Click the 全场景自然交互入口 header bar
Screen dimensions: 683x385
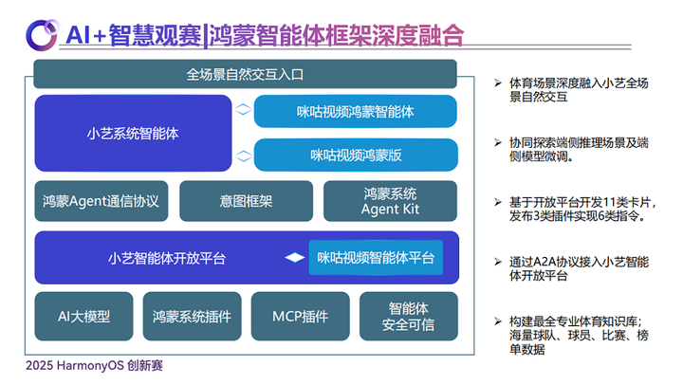click(x=246, y=74)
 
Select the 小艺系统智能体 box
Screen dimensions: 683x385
click(x=133, y=134)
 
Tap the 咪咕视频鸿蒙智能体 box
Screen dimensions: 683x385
click(x=356, y=112)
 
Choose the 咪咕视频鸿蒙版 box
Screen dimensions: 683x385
click(x=356, y=156)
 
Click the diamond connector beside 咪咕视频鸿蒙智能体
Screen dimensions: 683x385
click(x=243, y=109)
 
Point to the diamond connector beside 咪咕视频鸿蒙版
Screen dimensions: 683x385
click(x=243, y=156)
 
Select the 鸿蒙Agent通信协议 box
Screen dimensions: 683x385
click(x=102, y=201)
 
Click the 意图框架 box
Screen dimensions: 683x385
click(x=246, y=201)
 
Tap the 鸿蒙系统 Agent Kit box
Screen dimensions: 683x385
click(x=390, y=201)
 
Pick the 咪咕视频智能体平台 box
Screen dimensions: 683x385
click(x=376, y=257)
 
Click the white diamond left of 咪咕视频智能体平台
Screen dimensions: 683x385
click(x=295, y=257)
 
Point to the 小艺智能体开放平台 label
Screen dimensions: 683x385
click(x=167, y=258)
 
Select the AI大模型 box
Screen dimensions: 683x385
click(x=83, y=316)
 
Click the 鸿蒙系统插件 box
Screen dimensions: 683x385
click(x=192, y=316)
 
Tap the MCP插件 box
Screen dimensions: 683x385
click(x=301, y=316)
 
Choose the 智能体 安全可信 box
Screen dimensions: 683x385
click(x=409, y=316)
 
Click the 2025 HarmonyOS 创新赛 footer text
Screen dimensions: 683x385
click(x=94, y=365)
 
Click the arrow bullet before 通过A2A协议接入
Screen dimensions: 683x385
click(x=498, y=262)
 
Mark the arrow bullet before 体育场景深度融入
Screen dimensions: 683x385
click(x=498, y=82)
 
